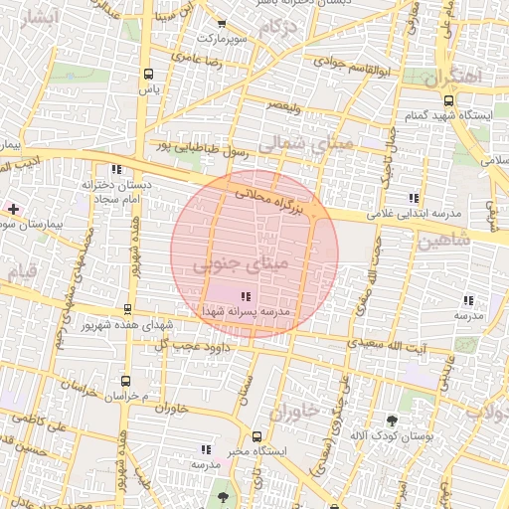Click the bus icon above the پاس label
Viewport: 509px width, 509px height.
click(149, 74)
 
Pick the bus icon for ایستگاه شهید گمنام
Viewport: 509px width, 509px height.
click(449, 100)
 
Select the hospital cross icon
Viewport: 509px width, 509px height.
click(13, 209)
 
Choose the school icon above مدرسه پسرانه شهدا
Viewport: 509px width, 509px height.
click(246, 295)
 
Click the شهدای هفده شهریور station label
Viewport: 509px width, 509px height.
click(129, 326)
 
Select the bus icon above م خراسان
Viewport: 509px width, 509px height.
click(125, 380)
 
